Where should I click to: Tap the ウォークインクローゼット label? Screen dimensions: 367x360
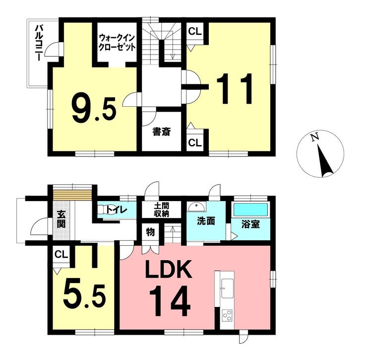(x=117, y=43)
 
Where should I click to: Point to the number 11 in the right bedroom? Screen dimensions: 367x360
(x=235, y=88)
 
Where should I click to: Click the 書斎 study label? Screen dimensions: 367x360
(x=162, y=132)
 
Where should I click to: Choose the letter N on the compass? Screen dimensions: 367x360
(x=315, y=137)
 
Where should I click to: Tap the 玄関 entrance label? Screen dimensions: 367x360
(x=61, y=219)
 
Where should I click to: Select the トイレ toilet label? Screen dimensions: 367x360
(x=117, y=210)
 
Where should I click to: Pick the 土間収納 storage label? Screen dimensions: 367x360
(x=162, y=210)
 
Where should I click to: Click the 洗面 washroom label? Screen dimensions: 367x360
(x=206, y=221)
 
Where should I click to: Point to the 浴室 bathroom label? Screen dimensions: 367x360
(x=250, y=224)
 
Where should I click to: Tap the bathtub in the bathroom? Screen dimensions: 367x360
(x=250, y=210)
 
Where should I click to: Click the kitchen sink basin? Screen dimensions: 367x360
(x=227, y=288)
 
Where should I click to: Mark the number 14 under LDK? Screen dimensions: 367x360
(x=170, y=301)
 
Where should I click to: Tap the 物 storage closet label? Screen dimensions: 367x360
(x=150, y=232)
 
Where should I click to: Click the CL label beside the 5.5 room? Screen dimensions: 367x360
(x=61, y=254)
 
